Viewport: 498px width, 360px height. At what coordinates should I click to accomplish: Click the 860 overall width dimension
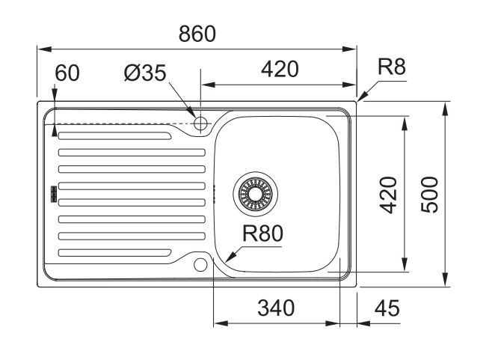pos(197,34)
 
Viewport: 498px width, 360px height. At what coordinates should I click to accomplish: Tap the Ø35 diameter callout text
pos(145,73)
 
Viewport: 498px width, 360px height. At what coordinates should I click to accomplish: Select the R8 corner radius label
pos(391,67)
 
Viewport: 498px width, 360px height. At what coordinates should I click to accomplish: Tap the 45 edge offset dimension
pos(385,308)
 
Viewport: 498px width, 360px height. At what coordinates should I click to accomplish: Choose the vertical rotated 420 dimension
pos(390,193)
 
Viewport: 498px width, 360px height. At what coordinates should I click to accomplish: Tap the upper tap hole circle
pos(200,123)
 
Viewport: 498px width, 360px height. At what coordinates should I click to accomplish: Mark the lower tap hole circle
pos(200,264)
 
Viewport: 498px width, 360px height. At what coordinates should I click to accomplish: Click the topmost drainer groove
pos(116,135)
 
